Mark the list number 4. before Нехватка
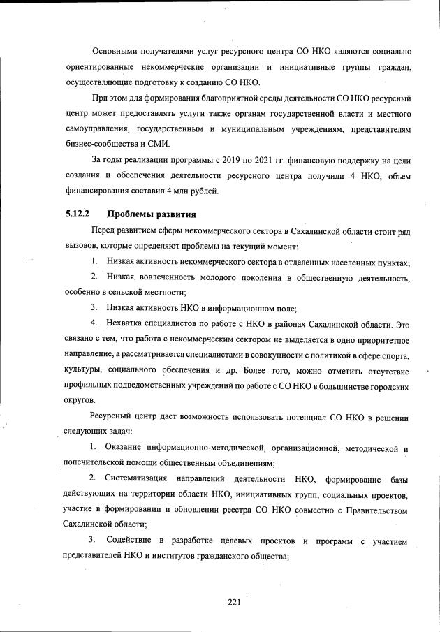point(94,324)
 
